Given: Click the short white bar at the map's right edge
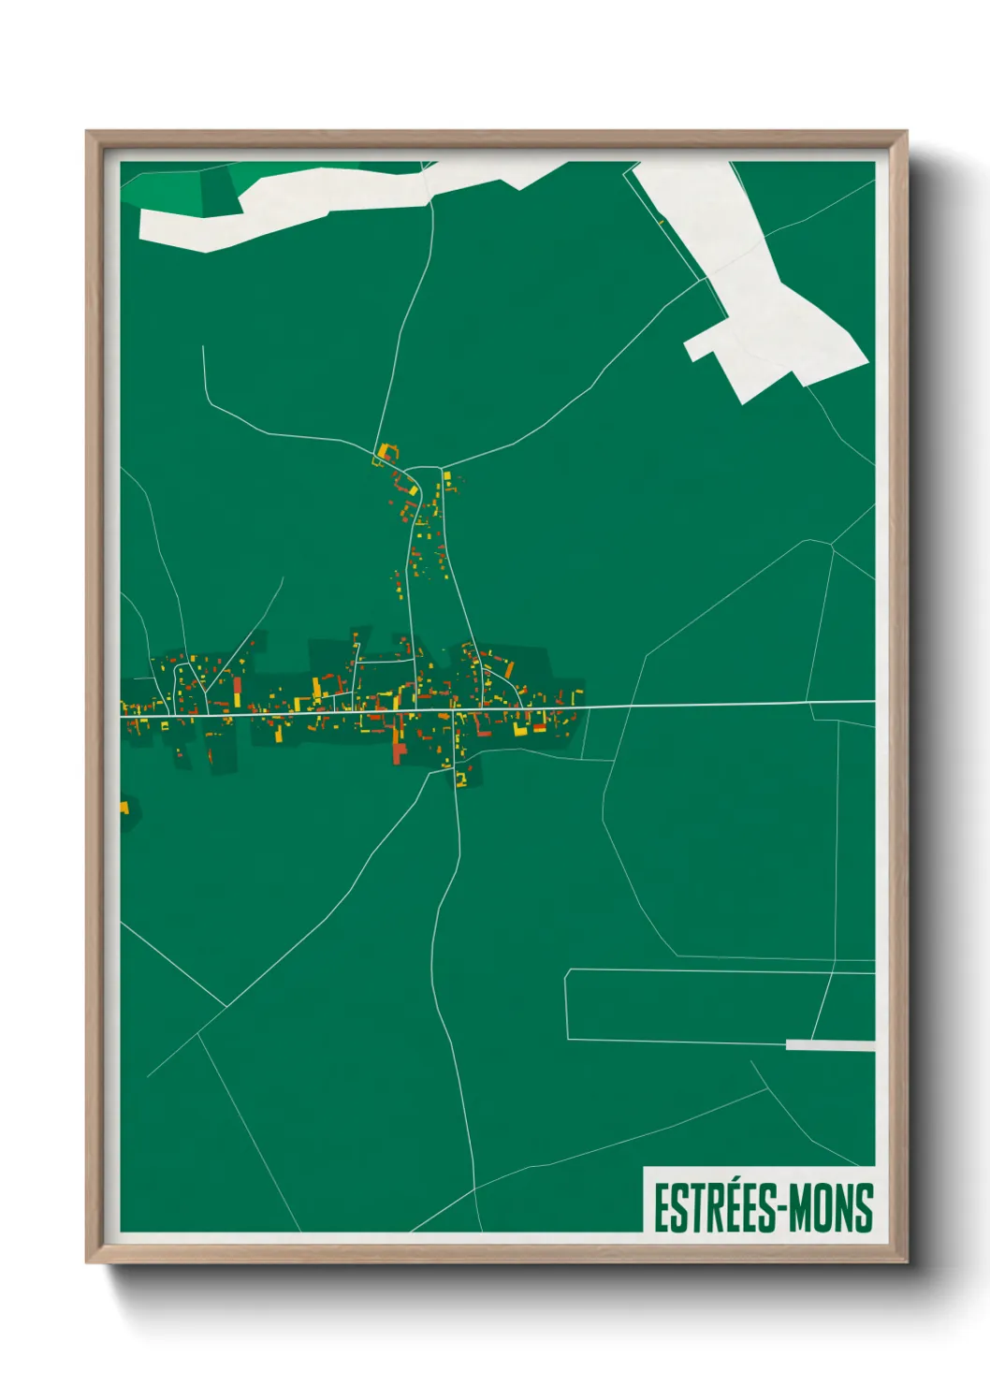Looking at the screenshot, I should (x=830, y=1044).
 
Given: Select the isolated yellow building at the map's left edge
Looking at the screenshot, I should (x=124, y=806).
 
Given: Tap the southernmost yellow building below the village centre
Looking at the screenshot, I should (x=460, y=779).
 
